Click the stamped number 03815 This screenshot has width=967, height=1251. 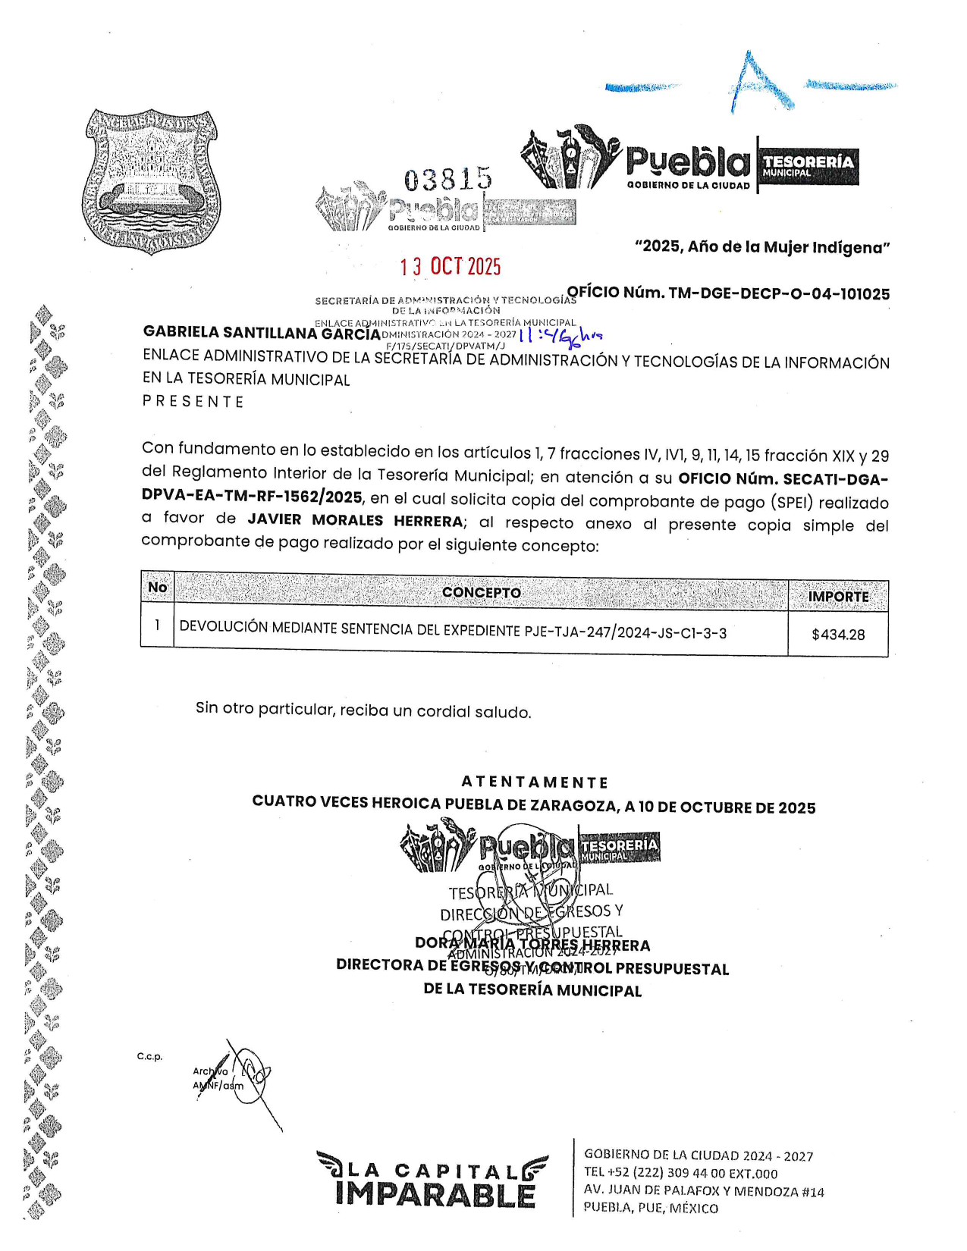click(x=447, y=180)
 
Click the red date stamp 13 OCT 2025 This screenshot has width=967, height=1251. click(x=451, y=267)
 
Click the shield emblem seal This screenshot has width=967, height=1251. click(x=152, y=181)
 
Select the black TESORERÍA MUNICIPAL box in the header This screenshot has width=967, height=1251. click(x=808, y=166)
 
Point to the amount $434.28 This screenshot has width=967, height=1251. click(x=837, y=635)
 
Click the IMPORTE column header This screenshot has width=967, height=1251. click(x=838, y=597)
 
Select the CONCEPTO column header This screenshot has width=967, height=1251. click(x=481, y=592)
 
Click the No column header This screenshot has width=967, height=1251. click(x=157, y=588)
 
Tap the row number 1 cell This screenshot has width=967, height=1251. click(x=157, y=625)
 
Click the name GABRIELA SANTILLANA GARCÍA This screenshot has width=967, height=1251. click(x=262, y=333)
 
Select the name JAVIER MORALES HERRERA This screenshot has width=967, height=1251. click(x=355, y=520)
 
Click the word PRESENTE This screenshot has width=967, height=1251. click(x=193, y=402)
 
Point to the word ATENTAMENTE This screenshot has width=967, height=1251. click(x=535, y=782)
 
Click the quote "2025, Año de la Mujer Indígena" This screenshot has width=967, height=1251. click(x=762, y=247)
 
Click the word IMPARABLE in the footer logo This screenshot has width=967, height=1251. click(x=435, y=1194)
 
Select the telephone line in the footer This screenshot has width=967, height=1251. click(x=680, y=1173)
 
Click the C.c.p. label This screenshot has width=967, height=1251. click(x=149, y=1056)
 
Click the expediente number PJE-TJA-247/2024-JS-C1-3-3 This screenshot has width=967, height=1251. click(x=625, y=632)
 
